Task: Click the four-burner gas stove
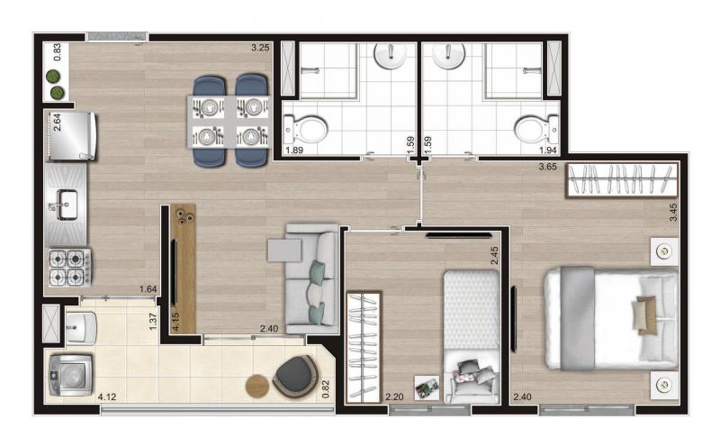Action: pos(70,267)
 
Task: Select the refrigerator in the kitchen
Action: pos(73,136)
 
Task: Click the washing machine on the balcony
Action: pos(70,375)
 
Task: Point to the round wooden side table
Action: pos(257,386)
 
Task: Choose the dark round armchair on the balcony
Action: pos(296,377)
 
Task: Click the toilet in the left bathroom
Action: pos(306,128)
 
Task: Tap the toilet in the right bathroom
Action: pos(536,129)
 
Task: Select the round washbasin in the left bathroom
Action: pos(391,56)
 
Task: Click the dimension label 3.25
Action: pos(260,48)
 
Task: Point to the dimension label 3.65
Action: pos(548,167)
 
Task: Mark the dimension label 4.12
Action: pos(107,397)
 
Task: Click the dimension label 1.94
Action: pos(548,150)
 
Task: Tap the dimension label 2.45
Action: pos(494,256)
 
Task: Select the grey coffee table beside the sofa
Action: pos(284,250)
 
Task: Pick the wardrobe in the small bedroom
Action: pos(364,347)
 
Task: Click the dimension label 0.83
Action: pos(57,52)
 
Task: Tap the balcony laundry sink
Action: pos(81,328)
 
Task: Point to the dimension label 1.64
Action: pos(148,289)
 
